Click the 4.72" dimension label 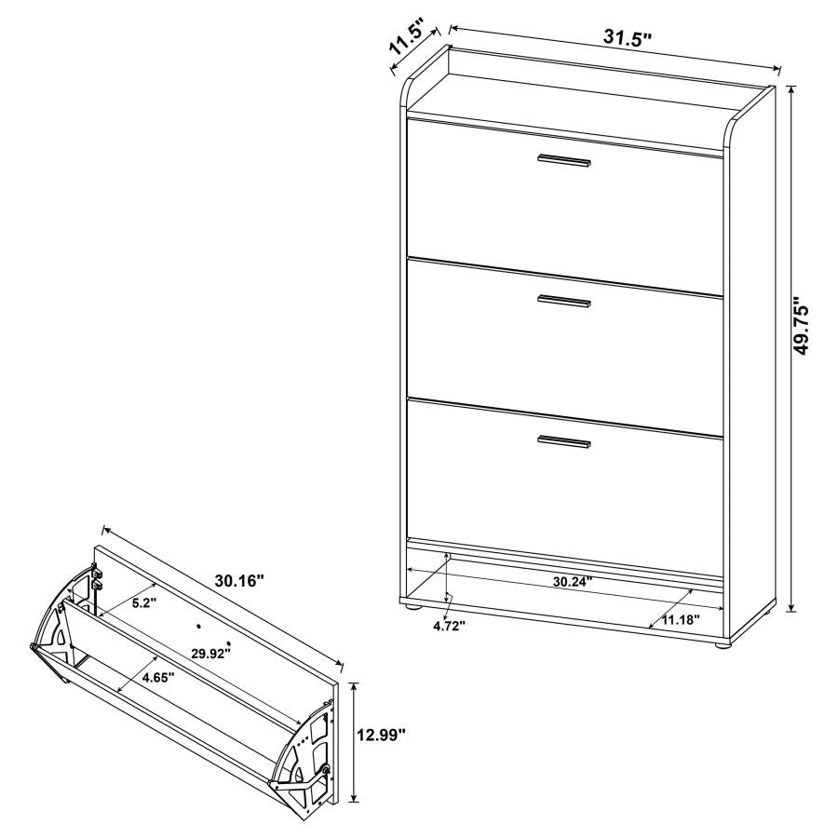[449, 625]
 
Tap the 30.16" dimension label [239, 580]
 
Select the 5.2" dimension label [142, 602]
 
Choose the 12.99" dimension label [382, 736]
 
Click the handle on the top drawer [564, 162]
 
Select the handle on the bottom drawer [564, 441]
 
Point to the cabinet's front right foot [722, 642]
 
